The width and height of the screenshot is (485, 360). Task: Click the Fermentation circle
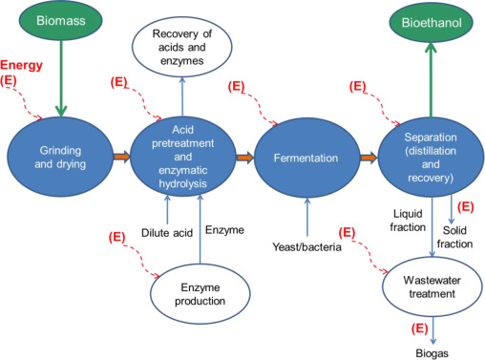tap(306, 155)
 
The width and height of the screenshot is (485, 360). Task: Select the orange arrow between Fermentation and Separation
tap(367, 155)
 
